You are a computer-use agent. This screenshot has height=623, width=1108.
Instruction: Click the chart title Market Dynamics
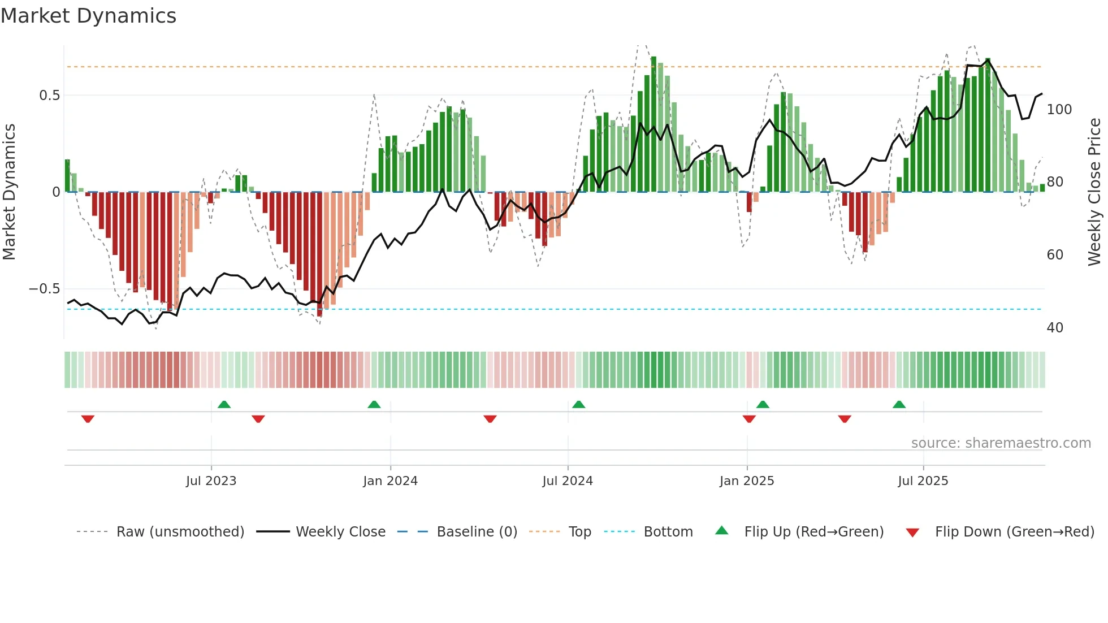(88, 16)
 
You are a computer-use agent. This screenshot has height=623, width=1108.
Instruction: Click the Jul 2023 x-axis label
(211, 481)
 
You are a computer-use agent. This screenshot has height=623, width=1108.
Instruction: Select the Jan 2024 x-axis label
(390, 481)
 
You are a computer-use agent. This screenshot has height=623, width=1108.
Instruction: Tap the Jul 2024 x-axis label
(568, 481)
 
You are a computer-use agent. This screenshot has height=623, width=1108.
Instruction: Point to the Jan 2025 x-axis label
(747, 481)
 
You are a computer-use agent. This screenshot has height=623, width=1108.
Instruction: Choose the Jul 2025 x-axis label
(923, 481)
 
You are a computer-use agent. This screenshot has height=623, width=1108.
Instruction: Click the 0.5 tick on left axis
(50, 96)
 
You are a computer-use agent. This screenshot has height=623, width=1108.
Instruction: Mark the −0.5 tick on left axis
(45, 289)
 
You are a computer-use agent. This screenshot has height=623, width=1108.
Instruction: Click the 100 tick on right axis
(1059, 110)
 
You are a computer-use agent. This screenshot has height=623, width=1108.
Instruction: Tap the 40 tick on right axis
(1055, 328)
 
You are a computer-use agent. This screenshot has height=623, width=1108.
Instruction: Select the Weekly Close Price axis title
(1094, 192)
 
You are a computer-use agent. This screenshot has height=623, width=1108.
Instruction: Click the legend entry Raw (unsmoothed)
(180, 532)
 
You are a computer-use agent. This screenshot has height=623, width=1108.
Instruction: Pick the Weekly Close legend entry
(340, 532)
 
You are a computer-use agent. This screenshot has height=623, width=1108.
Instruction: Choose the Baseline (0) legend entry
(477, 532)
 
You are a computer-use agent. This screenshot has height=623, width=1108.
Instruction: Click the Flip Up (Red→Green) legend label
(813, 532)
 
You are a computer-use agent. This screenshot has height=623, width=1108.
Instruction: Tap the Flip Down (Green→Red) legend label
(1014, 532)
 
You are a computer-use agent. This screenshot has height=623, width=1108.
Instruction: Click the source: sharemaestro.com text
(1001, 443)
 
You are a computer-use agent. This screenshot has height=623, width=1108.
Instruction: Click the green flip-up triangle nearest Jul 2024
(578, 404)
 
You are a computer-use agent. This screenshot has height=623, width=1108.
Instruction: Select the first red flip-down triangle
(88, 419)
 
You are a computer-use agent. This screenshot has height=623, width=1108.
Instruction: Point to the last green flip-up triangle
(899, 404)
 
